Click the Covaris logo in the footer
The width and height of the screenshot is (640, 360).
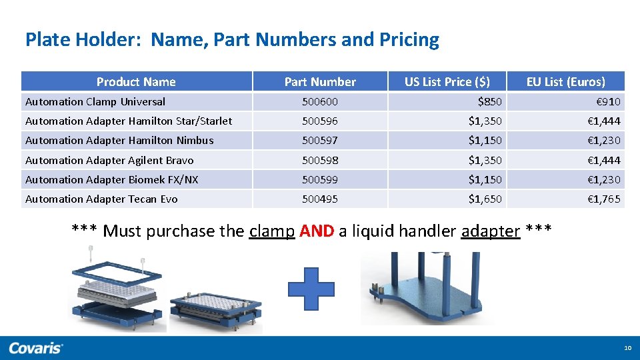coord(36,348)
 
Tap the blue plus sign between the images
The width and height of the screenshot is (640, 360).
coord(311,288)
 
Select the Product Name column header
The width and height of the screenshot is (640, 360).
coord(136,82)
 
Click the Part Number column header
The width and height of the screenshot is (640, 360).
coord(320,82)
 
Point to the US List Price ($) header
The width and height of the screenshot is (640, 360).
coord(447,82)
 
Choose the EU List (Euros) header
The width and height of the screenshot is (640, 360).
coord(565,82)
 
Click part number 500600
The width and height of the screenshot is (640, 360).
coord(320,102)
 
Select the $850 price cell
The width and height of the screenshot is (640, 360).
coord(490,102)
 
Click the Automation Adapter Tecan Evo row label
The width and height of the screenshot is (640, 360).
coord(101,199)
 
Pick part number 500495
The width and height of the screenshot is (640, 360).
coord(320,199)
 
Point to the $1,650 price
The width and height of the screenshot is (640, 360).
coord(485,199)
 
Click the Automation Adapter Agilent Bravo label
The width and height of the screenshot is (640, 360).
coord(109,161)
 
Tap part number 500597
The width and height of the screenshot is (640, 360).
coord(320,141)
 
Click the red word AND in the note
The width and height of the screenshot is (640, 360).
coord(317,231)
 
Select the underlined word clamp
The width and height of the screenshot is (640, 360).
coord(271,231)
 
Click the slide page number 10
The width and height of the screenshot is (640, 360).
coord(627,348)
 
